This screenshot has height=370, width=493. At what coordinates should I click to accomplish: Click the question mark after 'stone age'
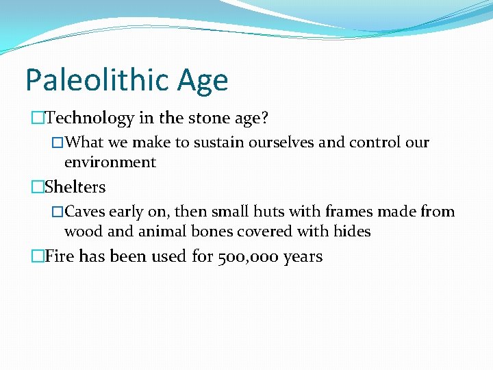coord(264,119)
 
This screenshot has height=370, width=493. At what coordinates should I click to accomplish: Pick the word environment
coord(110,162)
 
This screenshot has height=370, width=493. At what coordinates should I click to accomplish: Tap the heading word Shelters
coord(75,187)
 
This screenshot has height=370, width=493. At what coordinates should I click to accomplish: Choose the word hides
coord(352,232)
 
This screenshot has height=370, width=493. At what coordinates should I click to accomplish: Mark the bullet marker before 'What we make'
coord(58,143)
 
